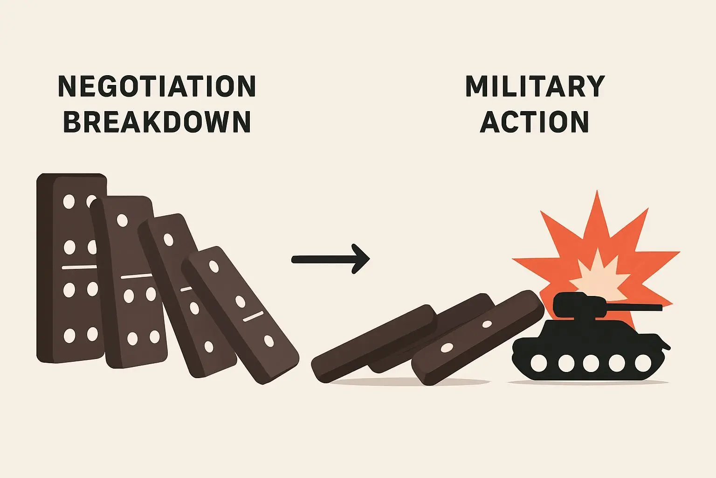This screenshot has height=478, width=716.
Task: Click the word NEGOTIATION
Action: pyautogui.click(x=157, y=86)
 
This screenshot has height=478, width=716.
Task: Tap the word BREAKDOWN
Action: pyautogui.click(x=157, y=122)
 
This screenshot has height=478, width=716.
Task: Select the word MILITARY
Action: pyautogui.click(x=535, y=86)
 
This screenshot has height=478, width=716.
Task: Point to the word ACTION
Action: pyautogui.click(x=535, y=122)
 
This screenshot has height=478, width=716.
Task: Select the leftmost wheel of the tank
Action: pyautogui.click(x=539, y=363)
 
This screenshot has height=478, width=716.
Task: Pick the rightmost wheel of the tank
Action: pyautogui.click(x=643, y=363)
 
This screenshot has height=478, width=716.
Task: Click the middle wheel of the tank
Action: pyautogui.click(x=591, y=363)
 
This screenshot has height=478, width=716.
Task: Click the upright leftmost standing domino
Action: pyautogui.click(x=70, y=268)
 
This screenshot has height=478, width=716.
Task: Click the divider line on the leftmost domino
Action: pyautogui.click(x=79, y=267)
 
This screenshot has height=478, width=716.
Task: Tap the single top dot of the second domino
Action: pyautogui.click(x=122, y=220)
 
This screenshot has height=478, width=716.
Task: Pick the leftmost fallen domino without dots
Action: pyautogui.click(x=373, y=343)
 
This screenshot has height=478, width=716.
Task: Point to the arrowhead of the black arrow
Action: pyautogui.click(x=361, y=259)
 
